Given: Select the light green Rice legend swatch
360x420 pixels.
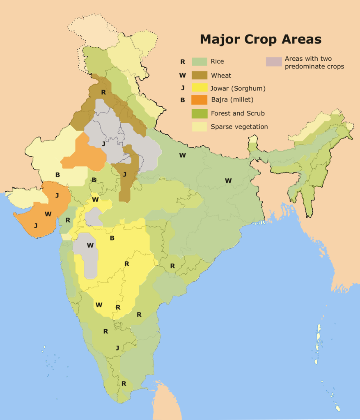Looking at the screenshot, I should click(x=199, y=62).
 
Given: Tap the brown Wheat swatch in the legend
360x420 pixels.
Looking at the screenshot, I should click(x=199, y=75).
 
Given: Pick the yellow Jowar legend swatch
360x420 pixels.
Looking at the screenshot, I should click(x=199, y=88).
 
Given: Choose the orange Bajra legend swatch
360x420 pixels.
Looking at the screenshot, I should click(x=199, y=100).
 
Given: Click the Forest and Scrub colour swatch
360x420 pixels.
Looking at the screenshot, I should click(x=199, y=113).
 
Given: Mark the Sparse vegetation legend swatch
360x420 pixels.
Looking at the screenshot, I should click(x=199, y=126).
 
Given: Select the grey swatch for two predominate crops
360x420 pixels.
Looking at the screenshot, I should click(x=274, y=62).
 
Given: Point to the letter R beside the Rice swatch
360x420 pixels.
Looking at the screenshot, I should click(x=182, y=62).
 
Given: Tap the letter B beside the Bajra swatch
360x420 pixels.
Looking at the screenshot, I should click(x=182, y=100).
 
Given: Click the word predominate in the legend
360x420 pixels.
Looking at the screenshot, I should click(x=303, y=67).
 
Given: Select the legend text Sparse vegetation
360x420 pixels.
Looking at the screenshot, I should click(x=239, y=127).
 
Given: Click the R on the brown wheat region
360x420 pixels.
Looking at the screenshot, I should click(x=103, y=92).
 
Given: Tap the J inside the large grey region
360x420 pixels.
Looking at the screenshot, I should click(x=104, y=144).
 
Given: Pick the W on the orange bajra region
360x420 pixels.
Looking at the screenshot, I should click(x=48, y=214).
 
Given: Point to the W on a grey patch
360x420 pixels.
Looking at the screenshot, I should click(x=90, y=245).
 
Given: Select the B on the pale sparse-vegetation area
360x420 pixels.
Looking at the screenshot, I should click(x=57, y=175).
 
